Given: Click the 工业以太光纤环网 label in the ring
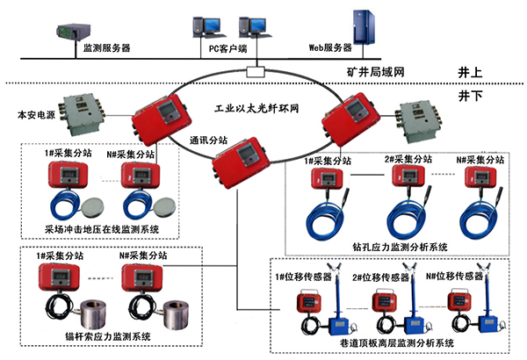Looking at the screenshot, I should [257, 107].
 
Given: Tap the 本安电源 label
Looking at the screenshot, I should [35, 114].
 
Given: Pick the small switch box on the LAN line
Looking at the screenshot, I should [255, 70].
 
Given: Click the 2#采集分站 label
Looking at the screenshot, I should [408, 160].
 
